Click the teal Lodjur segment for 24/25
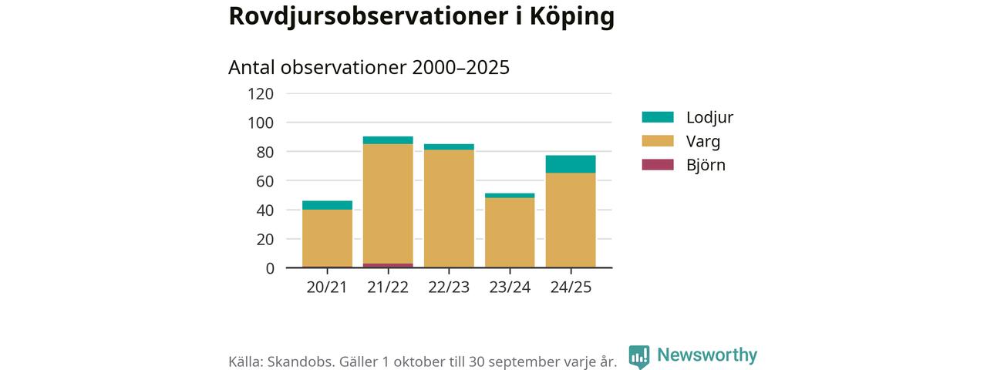pos(571,164)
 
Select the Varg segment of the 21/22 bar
pos(388,203)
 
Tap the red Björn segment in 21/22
pos(388,265)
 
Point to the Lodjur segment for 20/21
pos(327,205)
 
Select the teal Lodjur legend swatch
pos(658,117)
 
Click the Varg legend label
pos(702,141)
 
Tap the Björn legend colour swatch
pos(658,165)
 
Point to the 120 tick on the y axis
pos(261,94)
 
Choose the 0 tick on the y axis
pos(269,268)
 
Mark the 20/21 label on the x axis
pos(327,287)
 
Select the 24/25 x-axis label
pos(571,287)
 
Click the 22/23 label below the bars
pos(449,287)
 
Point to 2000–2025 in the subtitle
pos(460,67)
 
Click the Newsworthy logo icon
pos(638,356)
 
